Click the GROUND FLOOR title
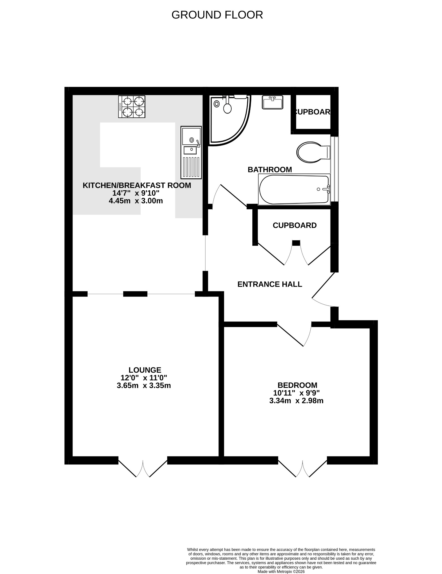point(217,15)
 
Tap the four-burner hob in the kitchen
point(132,107)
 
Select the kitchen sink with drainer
point(191,152)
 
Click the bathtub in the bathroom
point(294,189)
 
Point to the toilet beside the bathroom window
point(313,152)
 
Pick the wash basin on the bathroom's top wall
point(273,102)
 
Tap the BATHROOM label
point(270,170)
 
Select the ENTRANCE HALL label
point(270,284)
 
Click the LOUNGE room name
point(145,370)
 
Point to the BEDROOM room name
point(297,385)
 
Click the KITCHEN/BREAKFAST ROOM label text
point(137,185)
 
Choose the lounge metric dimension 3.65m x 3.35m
point(144,386)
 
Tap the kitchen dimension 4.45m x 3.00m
point(136,201)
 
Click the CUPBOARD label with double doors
point(295,225)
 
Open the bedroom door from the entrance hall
point(294,334)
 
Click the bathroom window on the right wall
point(334,169)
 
